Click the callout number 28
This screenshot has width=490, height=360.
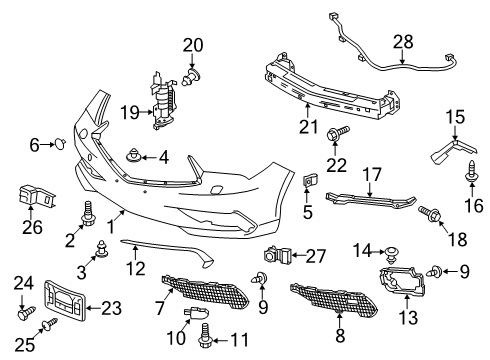403,42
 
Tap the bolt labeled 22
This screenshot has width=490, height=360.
337,132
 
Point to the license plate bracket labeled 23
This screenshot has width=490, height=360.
65,301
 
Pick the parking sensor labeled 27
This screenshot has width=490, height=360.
278,255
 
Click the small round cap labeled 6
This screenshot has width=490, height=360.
60,144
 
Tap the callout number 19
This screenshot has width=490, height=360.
130,112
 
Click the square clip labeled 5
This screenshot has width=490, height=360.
309,180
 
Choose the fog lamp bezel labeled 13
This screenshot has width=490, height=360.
402,281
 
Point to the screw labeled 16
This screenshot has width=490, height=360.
472,171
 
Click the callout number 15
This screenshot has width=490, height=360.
455,117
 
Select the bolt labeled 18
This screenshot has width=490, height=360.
430,212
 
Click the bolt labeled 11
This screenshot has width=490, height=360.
204,335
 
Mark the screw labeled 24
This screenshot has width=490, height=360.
27,313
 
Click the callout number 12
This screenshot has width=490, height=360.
136,269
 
